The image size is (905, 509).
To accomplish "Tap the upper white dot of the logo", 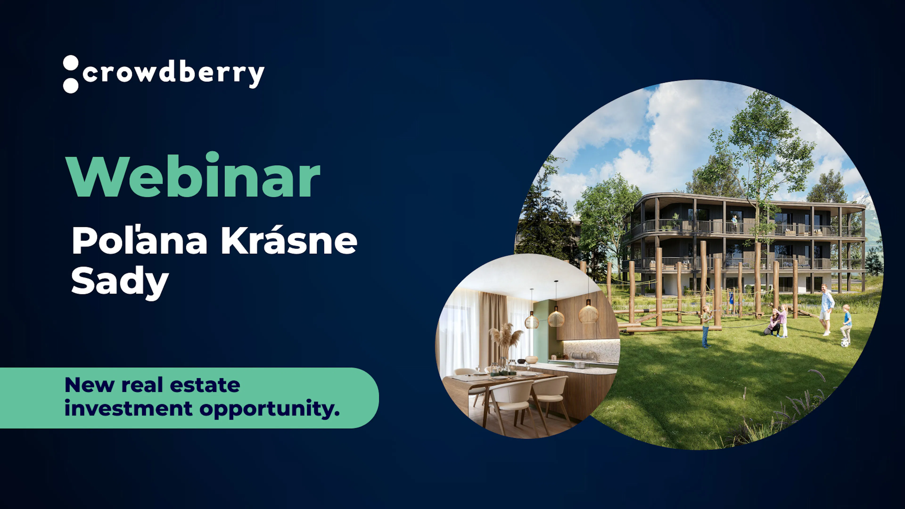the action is click(x=71, y=62).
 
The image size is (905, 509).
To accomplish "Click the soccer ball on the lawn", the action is click(x=845, y=343).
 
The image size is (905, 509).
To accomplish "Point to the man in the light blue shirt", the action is click(x=826, y=309).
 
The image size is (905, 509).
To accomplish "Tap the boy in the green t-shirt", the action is click(x=706, y=327).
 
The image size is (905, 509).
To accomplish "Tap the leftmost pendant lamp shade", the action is click(x=531, y=321).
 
